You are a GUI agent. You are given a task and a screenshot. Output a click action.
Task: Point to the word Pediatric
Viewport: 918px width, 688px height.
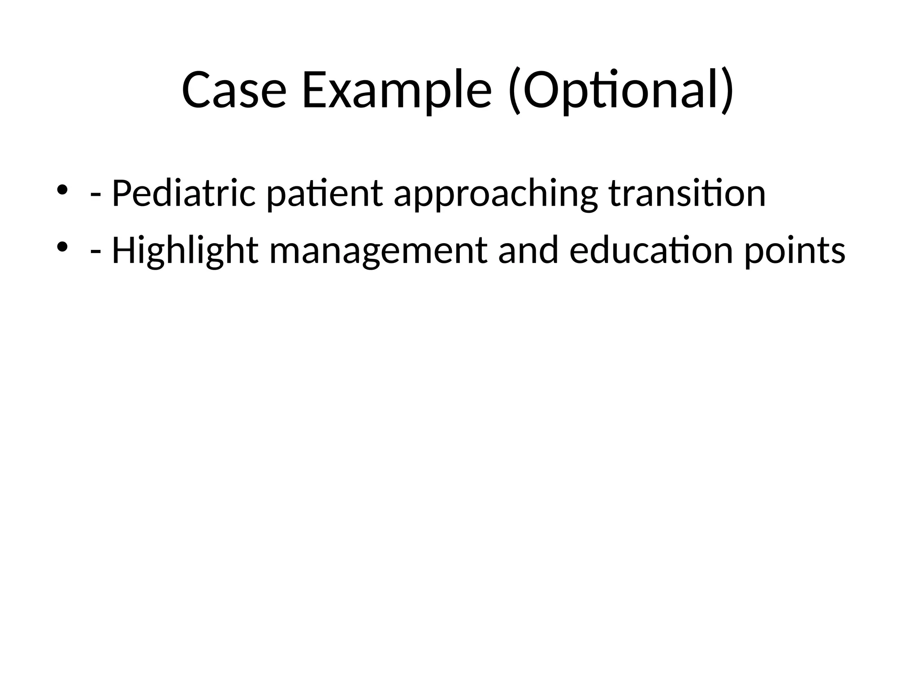click(183, 193)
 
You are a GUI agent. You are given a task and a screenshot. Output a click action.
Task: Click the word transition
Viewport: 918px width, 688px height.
click(687, 193)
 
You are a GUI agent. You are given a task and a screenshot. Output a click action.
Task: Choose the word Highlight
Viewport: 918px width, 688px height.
click(185, 251)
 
